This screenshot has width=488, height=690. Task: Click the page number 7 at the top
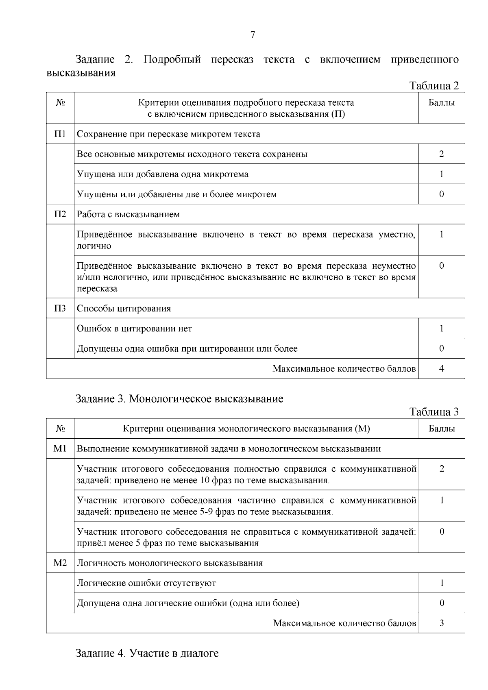pyautogui.click(x=253, y=35)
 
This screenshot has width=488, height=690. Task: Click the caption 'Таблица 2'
pyautogui.click(x=434, y=86)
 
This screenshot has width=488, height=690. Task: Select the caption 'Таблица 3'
pyautogui.click(x=434, y=412)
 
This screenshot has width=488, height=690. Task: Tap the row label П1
pyautogui.click(x=60, y=134)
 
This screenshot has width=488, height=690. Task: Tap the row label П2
pyautogui.click(x=60, y=214)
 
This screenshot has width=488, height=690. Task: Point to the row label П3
pyautogui.click(x=60, y=308)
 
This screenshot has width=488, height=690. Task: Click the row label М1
pyautogui.click(x=60, y=448)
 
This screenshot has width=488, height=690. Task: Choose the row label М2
pyautogui.click(x=60, y=563)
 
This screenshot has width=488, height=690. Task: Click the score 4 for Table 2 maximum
pyautogui.click(x=442, y=368)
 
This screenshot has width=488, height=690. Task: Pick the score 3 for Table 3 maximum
pyautogui.click(x=442, y=623)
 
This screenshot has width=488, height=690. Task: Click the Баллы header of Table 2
pyautogui.click(x=442, y=102)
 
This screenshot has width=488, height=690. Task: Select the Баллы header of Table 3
pyautogui.click(x=442, y=429)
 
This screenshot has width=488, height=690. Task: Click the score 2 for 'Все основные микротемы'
pyautogui.click(x=442, y=154)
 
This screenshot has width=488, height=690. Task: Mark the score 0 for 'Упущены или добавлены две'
pyautogui.click(x=442, y=194)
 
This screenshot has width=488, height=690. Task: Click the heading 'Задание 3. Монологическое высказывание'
pyautogui.click(x=179, y=398)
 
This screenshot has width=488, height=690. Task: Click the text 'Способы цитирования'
pyautogui.click(x=124, y=308)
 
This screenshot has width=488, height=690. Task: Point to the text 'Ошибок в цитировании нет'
pyautogui.click(x=134, y=329)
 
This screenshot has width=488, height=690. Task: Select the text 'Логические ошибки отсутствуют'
pyautogui.click(x=146, y=583)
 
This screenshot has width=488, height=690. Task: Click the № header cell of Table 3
pyautogui.click(x=60, y=429)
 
